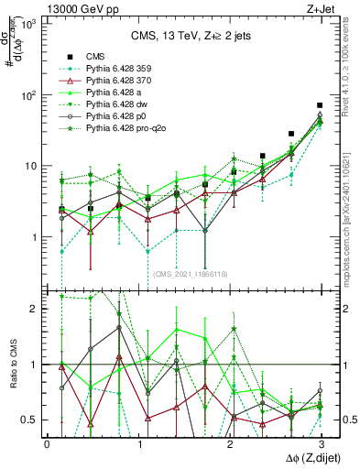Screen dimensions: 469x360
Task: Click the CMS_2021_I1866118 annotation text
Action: pos(190,274)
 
